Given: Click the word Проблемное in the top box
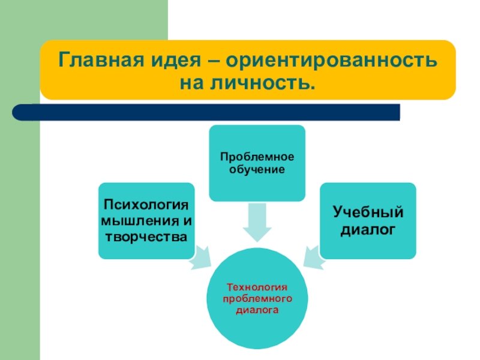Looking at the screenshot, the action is pyautogui.click(x=257, y=157).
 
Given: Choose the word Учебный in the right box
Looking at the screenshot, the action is pyautogui.click(x=368, y=212).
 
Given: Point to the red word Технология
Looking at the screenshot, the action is pyautogui.click(x=257, y=287).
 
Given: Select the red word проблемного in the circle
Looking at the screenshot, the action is pyautogui.click(x=257, y=298).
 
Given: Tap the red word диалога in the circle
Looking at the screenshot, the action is pyautogui.click(x=257, y=310).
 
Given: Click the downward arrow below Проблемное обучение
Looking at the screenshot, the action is pyautogui.click(x=257, y=222).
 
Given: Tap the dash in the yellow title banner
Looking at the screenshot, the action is pyautogui.click(x=215, y=61).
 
